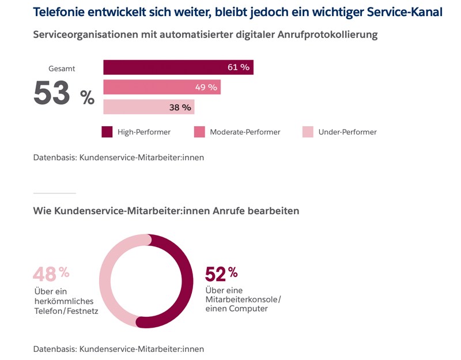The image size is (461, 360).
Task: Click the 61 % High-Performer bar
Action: (x=178, y=67)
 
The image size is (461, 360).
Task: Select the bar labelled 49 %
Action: (x=162, y=88)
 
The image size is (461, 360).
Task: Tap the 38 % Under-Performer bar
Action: (x=149, y=107)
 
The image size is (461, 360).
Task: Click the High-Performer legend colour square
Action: (x=107, y=132)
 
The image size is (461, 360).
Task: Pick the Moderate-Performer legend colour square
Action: (x=200, y=132)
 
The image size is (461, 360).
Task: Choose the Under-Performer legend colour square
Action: (x=308, y=132)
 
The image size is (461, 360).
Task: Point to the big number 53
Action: (x=52, y=93)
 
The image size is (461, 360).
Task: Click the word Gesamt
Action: (x=62, y=69)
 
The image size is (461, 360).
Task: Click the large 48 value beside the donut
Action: (x=44, y=273)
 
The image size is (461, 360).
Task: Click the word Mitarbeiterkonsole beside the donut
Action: (x=242, y=300)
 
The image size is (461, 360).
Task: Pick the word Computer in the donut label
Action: (x=250, y=309)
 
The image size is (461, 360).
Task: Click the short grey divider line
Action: (x=54, y=193)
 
